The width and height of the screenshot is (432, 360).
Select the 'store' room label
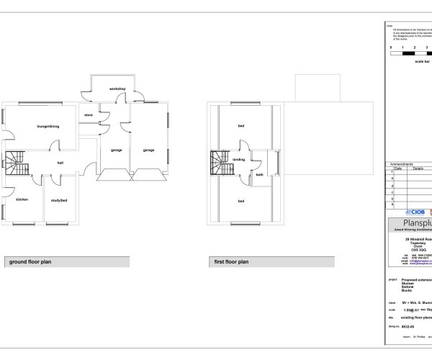pos(89,114)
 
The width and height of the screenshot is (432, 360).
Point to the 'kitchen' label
pos(22,199)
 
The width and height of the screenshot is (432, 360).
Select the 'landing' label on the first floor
pos(240,160)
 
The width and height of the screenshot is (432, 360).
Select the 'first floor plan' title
pos(231,262)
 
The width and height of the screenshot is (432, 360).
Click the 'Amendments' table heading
pos(402,164)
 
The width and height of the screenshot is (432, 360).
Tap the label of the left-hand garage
pos(116,150)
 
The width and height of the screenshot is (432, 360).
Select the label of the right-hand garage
pos(148,150)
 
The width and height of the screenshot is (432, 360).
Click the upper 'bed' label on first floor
pos(240,127)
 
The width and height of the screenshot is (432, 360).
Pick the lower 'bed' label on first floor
pos(240,200)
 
